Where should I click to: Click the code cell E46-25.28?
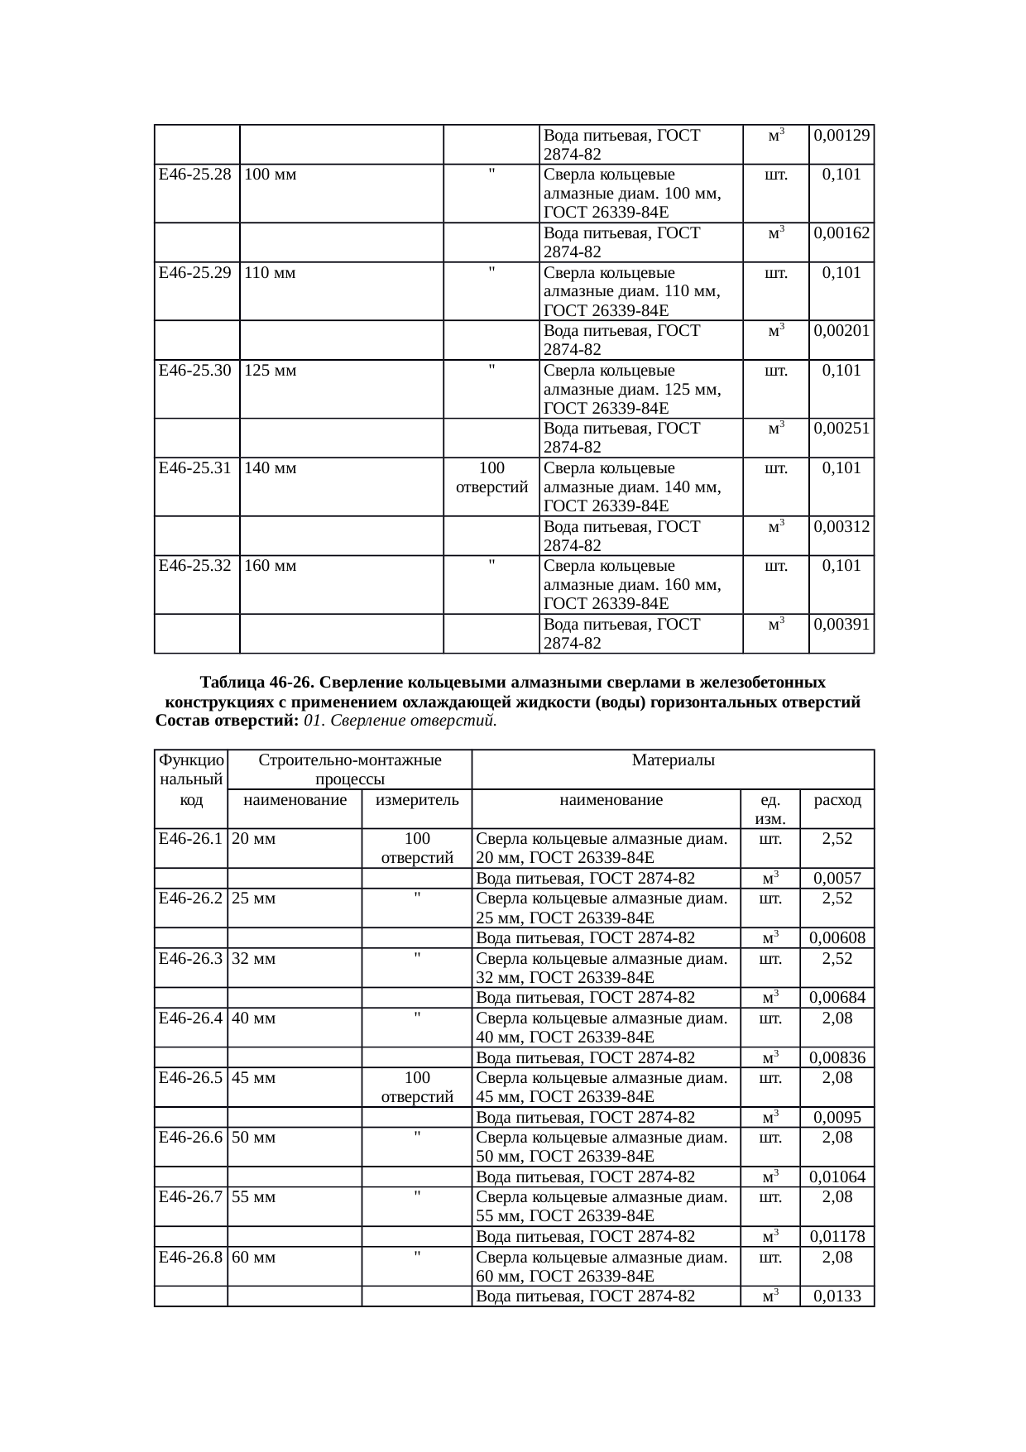point(194,175)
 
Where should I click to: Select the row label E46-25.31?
point(194,468)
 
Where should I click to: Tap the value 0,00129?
point(841,135)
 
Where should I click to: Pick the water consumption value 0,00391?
point(841,625)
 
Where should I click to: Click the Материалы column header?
point(673,760)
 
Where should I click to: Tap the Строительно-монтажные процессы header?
point(350,769)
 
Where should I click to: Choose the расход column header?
point(837,800)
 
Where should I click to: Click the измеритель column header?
point(417,800)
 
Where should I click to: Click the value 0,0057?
point(837,879)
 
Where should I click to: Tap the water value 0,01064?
point(837,1177)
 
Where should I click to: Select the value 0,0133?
point(837,1296)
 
